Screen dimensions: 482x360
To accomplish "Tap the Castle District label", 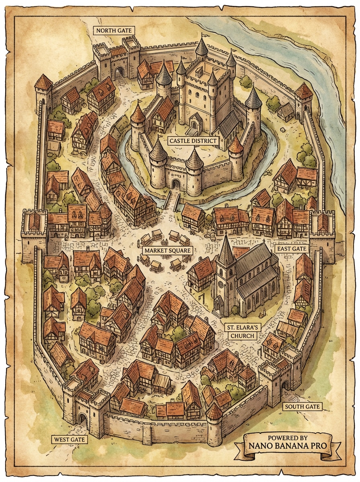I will pyautogui.click(x=193, y=141).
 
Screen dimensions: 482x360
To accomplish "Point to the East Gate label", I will pyautogui.click(x=292, y=249).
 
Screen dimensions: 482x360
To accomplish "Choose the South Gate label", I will pyautogui.click(x=303, y=406).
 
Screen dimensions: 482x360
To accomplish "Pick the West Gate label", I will pyautogui.click(x=69, y=439).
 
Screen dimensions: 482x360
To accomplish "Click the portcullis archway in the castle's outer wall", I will pyautogui.click(x=176, y=184).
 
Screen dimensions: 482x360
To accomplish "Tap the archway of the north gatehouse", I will pyautogui.click(x=119, y=73).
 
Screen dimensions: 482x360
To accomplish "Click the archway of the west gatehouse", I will pyautogui.click(x=83, y=419).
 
